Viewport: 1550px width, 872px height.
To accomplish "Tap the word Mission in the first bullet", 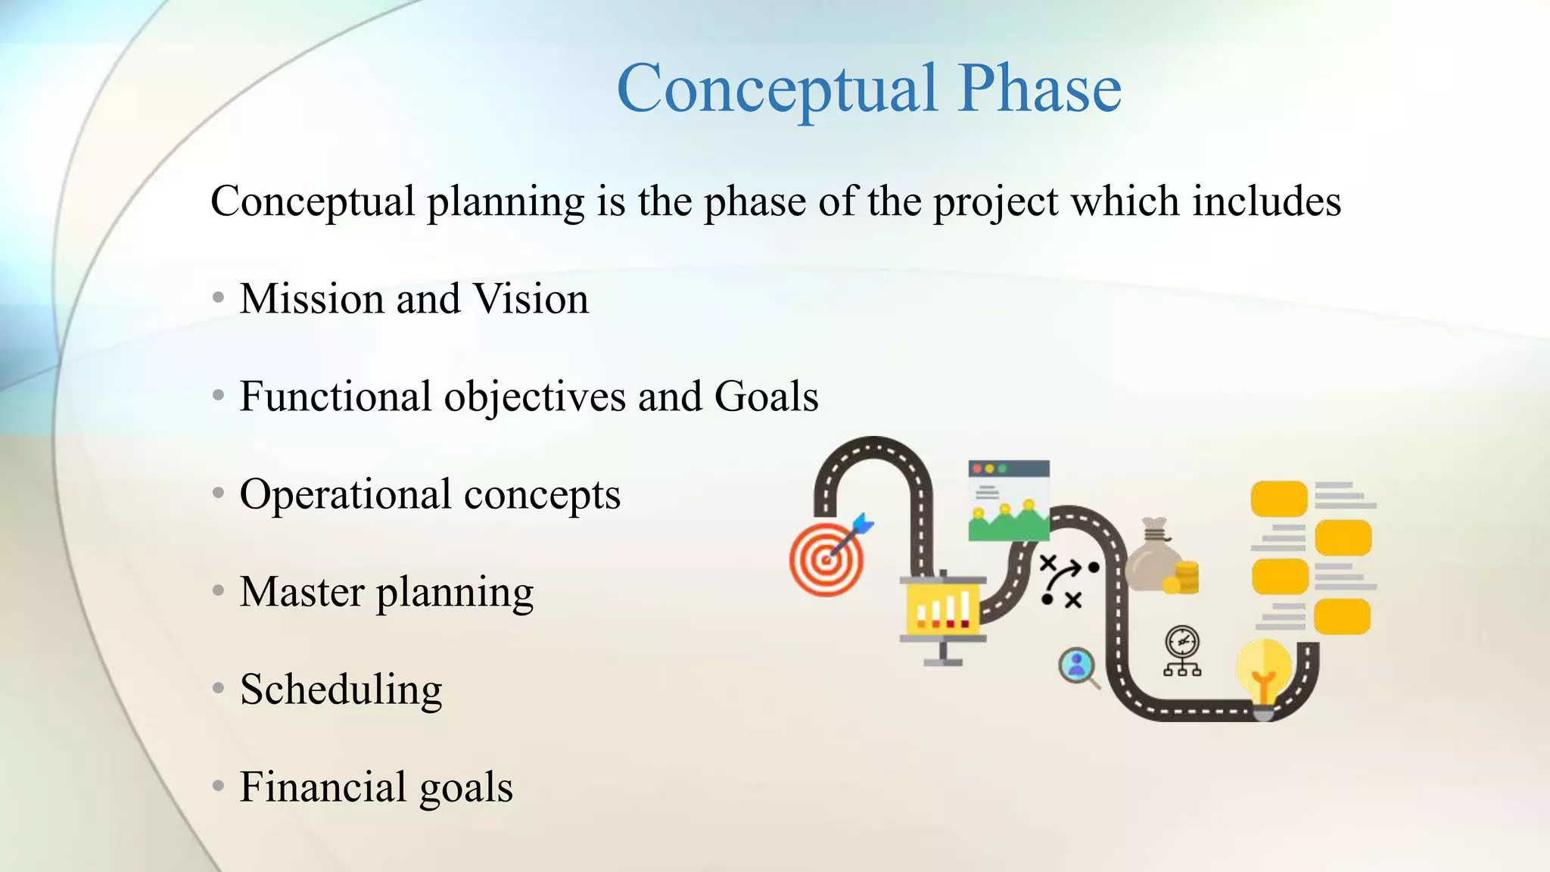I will tap(311, 298).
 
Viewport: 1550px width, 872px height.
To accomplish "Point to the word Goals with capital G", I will tap(766, 396).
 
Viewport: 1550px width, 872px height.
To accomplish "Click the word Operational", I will tap(345, 494).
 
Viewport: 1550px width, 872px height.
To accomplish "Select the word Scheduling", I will tap(341, 690).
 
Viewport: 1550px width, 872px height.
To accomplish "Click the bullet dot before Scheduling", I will tap(219, 688).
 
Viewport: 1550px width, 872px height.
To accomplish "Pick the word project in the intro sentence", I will tap(995, 202).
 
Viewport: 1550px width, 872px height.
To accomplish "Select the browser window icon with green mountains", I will tap(1009, 500).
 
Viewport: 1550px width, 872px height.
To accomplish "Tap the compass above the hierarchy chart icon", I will tap(1181, 642).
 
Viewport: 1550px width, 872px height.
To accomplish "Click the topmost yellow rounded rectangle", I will tap(1279, 499).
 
